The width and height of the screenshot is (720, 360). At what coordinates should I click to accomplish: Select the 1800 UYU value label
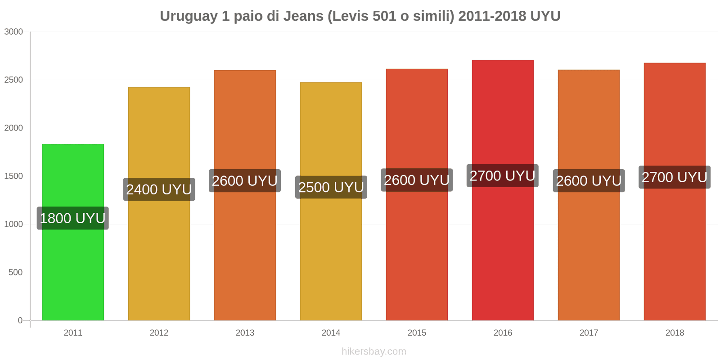click(72, 218)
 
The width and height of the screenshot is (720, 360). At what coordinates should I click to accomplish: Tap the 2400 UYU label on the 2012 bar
click(159, 189)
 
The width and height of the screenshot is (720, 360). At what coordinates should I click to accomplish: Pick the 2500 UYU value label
click(331, 187)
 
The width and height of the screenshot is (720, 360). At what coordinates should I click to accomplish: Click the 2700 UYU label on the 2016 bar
click(502, 176)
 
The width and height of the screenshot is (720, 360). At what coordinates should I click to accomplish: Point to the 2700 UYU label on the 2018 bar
click(674, 177)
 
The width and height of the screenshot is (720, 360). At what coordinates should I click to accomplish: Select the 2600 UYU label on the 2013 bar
click(244, 181)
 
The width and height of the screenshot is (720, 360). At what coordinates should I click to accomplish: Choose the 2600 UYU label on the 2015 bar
click(417, 180)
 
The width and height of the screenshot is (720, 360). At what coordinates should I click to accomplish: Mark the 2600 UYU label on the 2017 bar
click(589, 181)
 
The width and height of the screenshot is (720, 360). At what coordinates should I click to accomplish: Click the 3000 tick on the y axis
click(13, 32)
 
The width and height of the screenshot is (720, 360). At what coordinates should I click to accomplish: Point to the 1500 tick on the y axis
click(13, 176)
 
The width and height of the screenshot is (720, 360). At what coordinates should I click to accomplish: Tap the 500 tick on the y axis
click(15, 273)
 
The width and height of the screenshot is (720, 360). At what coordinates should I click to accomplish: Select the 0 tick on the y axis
click(20, 320)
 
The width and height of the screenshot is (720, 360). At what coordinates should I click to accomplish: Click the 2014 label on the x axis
click(331, 333)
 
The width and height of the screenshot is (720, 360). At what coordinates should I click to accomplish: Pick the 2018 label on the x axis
click(675, 333)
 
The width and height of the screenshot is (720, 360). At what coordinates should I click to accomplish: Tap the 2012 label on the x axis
click(159, 333)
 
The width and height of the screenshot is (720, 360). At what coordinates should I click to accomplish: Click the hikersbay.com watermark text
click(373, 351)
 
